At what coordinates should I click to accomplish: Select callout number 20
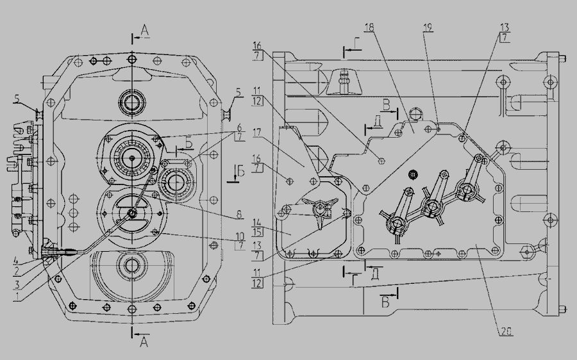[x=506, y=331]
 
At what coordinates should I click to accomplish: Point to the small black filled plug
[x=412, y=174]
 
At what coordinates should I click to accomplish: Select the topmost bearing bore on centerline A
[x=132, y=101]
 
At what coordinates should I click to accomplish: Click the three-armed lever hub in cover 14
[x=321, y=209]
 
